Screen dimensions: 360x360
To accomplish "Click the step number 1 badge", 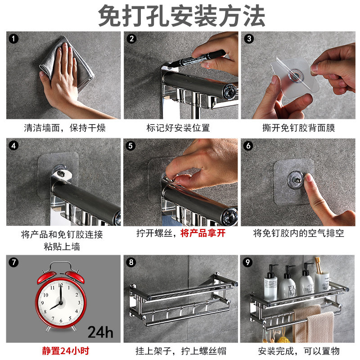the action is pos(13,39).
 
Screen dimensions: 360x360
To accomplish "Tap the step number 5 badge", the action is pos(130,146).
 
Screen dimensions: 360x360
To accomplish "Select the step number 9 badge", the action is pos(247,262).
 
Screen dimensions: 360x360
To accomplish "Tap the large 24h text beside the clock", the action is pos(100,332).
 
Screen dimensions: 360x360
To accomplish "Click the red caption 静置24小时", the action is pos(65,351).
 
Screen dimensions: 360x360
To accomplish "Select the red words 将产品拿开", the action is pos(203,233).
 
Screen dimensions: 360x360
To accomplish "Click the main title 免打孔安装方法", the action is pos(182,16).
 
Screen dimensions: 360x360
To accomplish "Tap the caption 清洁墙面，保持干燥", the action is pos(65,128).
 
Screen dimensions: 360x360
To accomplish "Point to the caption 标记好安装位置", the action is pos(178,128).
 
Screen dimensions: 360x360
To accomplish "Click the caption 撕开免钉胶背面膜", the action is pos(299,128).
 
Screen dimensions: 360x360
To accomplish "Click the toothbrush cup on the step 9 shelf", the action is pos(322,281).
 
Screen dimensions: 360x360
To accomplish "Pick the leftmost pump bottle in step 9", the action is pos(271,283).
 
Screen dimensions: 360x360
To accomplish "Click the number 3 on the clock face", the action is pos(79,302).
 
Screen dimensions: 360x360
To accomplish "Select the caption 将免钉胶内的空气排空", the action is pos(299,233).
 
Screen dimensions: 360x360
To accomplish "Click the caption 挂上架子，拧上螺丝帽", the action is pos(181,351).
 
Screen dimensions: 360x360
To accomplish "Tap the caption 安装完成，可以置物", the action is pos(299,351).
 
